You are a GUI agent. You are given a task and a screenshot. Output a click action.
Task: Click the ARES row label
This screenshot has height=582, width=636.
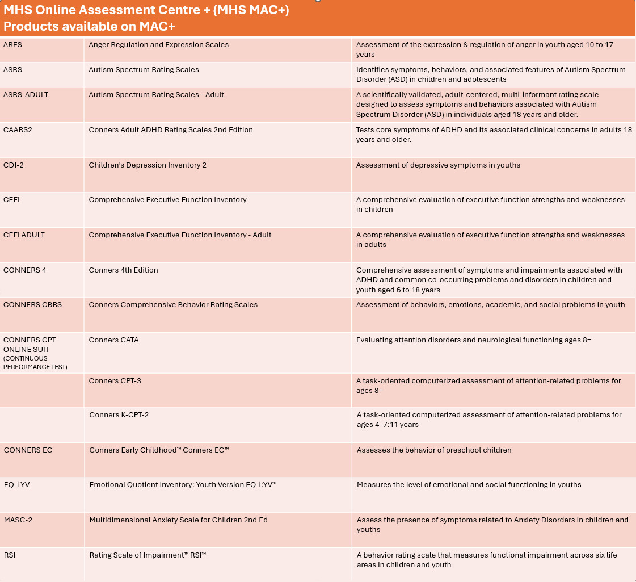coord(13,45)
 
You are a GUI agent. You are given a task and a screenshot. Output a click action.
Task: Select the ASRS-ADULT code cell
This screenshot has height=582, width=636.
coord(26,95)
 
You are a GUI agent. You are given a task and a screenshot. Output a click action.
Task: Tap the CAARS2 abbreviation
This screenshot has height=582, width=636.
coord(18,130)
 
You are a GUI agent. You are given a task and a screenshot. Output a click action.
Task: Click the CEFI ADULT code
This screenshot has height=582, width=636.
coord(24,235)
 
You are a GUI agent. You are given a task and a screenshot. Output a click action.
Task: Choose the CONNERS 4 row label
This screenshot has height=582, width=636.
coord(25,270)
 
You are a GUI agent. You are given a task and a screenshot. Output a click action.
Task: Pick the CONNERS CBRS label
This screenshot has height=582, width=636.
coord(33,305)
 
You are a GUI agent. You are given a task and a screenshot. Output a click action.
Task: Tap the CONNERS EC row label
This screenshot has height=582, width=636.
coord(28,450)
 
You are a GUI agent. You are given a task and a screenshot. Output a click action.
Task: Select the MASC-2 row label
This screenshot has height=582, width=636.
coord(18,520)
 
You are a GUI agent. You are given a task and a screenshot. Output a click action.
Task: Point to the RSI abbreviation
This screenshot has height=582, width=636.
coord(10,555)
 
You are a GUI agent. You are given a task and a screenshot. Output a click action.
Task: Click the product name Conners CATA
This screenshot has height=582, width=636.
coord(114,340)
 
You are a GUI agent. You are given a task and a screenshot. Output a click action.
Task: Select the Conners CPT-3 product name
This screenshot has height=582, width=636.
coord(115,381)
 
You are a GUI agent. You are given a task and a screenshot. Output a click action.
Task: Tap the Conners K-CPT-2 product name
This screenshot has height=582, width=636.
coord(119,415)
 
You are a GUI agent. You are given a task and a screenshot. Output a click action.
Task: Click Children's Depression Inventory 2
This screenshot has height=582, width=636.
coord(148,165)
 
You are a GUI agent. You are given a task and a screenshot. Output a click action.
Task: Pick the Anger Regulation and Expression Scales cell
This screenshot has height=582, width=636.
coord(159,45)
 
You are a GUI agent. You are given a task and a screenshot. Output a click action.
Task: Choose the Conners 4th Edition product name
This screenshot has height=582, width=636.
coord(124,270)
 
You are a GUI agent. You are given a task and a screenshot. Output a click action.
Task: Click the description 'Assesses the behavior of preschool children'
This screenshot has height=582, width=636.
coord(434,450)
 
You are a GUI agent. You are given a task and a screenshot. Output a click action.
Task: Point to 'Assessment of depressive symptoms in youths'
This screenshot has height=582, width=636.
coord(438,165)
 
